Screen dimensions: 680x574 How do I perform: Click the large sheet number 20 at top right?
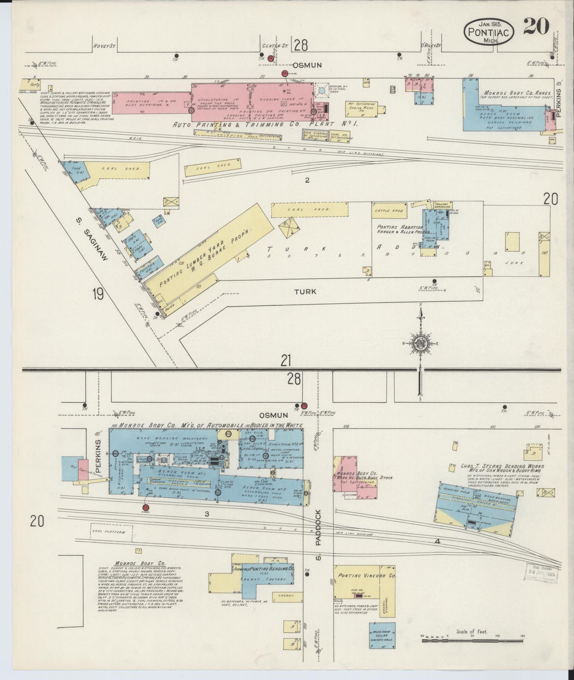click(x=536, y=27)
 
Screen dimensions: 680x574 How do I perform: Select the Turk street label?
click(x=305, y=291)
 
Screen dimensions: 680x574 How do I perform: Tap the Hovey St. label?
click(x=104, y=46)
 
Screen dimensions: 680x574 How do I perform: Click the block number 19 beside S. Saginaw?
click(x=97, y=295)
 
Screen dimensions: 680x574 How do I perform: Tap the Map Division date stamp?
click(x=543, y=573)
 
